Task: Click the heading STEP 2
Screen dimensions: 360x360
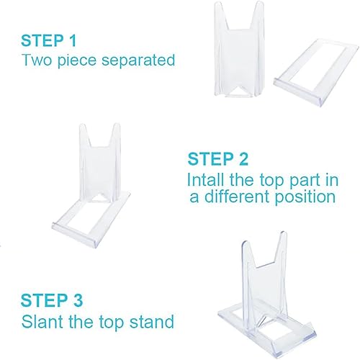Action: coord(220,158)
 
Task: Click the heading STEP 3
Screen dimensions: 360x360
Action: coord(53,300)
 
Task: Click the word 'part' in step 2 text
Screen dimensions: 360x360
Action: coord(305,179)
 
